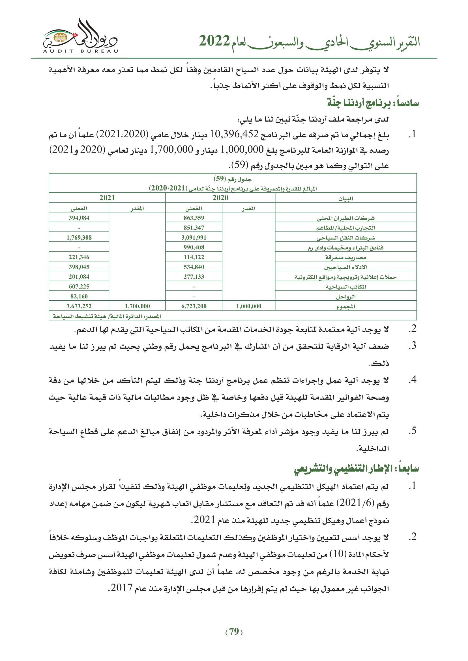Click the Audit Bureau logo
tap(80, 37)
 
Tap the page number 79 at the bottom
tap(234, 632)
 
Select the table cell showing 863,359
tap(194, 218)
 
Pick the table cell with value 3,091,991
tap(194, 237)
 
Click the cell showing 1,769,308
tap(79, 237)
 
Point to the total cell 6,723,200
tap(194, 306)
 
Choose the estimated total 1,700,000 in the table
tap(137, 306)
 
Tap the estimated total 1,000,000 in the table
tap(248, 306)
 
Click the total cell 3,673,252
tap(79, 306)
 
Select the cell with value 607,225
tap(79, 287)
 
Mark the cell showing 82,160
tap(79, 296)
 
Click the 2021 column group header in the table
tap(107, 198)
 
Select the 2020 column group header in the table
tap(220, 198)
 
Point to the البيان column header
tap(345, 198)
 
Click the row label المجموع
tap(345, 307)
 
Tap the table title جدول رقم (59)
tap(233, 179)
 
